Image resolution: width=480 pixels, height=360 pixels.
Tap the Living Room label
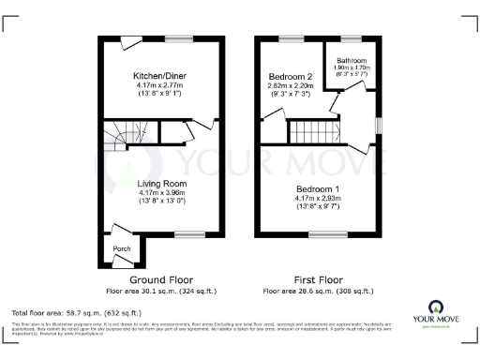tap(162, 183)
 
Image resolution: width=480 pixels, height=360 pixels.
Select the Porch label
tap(122, 248)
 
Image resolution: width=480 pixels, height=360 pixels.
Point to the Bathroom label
tap(352, 61)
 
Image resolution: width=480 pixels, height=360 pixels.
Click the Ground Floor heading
tap(162, 279)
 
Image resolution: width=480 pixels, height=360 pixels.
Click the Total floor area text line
tap(76, 311)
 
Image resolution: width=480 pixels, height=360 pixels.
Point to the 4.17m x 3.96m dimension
tap(162, 192)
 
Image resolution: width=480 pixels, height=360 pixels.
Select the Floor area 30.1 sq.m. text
tap(162, 291)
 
